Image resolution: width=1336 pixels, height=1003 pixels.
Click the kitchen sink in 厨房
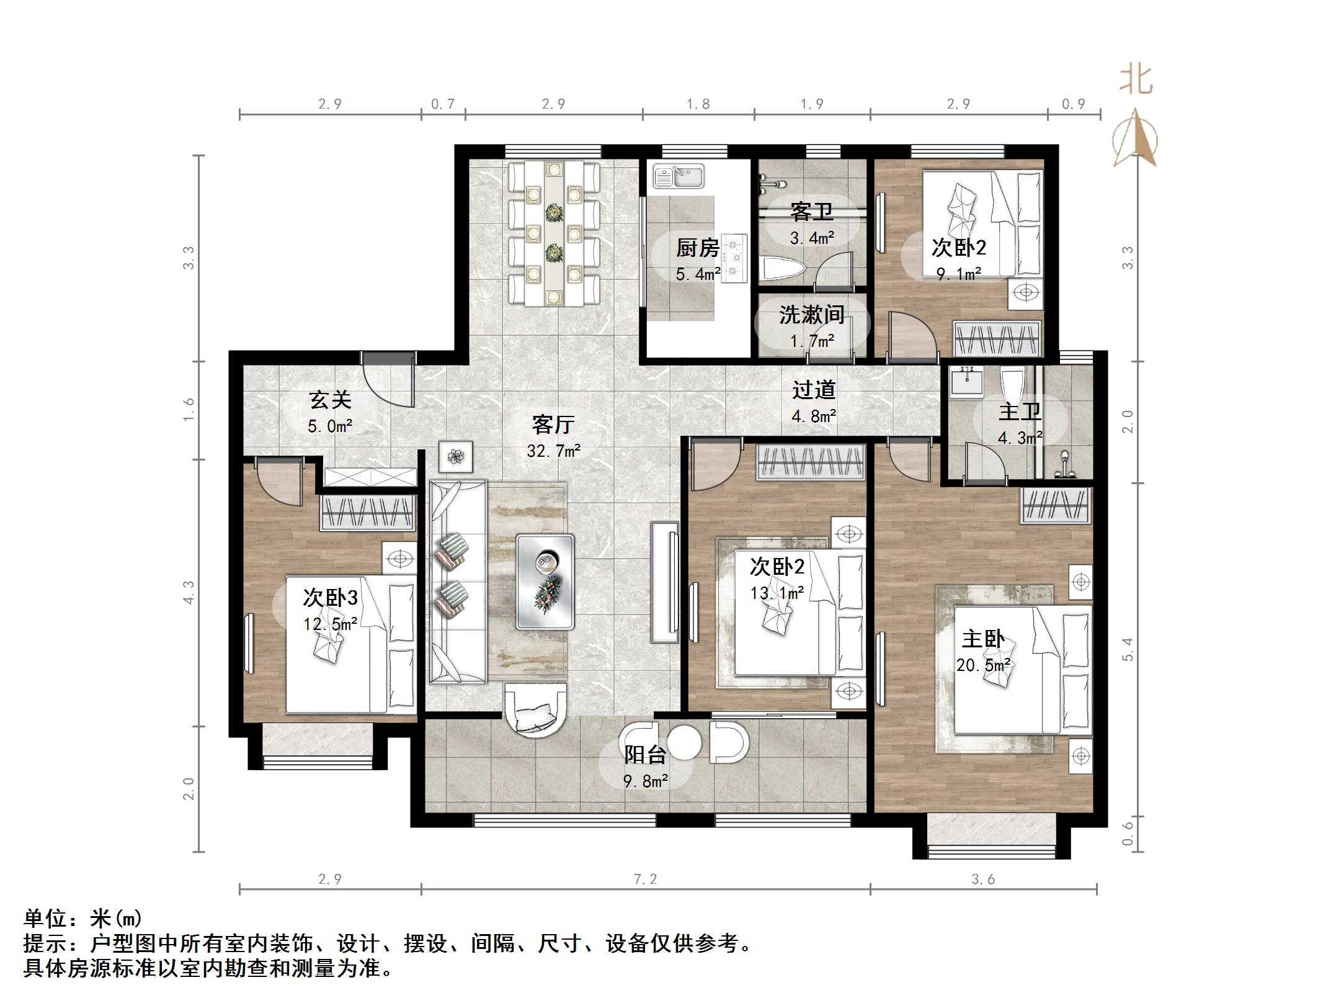(678, 176)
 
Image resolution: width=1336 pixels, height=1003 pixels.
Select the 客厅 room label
(553, 425)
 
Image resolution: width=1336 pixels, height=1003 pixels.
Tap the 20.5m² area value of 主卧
(983, 665)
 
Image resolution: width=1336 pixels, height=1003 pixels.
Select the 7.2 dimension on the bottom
(644, 879)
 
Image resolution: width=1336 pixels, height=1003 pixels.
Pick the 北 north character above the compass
(1136, 81)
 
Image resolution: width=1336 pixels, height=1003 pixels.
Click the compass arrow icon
(1135, 139)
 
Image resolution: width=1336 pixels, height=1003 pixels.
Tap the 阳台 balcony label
(645, 755)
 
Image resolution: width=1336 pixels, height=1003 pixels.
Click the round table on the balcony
(684, 742)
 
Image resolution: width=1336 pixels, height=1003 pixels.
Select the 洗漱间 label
(812, 315)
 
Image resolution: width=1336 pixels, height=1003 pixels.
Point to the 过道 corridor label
(814, 390)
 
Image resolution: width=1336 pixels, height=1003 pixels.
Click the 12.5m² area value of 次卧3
(330, 624)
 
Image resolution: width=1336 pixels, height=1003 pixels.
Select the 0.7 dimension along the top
(443, 104)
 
